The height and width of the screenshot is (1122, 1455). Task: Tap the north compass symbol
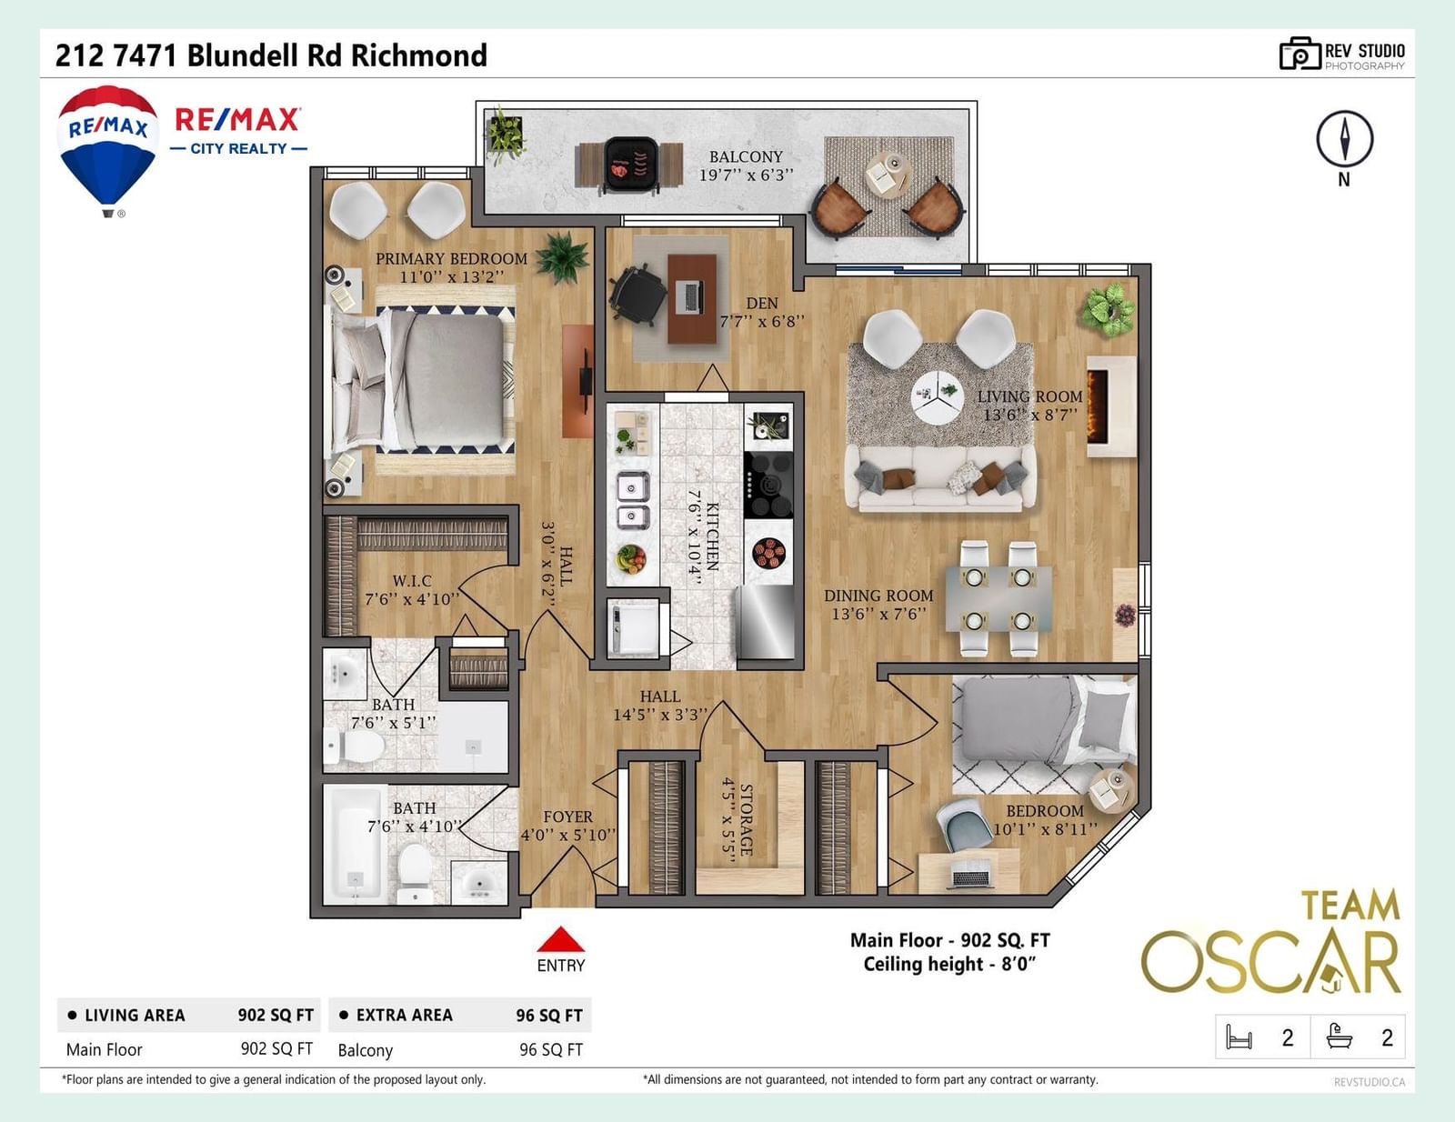click(1345, 139)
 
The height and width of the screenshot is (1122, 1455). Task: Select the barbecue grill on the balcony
click(631, 165)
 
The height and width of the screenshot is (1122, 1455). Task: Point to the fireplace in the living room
click(1110, 406)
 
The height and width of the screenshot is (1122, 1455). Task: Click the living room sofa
click(940, 478)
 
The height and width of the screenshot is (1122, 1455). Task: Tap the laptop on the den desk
click(689, 297)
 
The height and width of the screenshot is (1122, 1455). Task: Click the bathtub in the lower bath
click(353, 845)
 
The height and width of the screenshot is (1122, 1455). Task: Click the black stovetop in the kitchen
click(768, 484)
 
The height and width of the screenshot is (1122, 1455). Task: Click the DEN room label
click(762, 304)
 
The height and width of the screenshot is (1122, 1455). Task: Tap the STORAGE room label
click(746, 820)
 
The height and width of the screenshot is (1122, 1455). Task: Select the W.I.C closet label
click(412, 580)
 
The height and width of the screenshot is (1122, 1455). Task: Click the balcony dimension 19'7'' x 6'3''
click(746, 175)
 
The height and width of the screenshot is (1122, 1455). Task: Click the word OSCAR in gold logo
click(1271, 962)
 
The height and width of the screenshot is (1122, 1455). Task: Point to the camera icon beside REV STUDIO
click(1299, 54)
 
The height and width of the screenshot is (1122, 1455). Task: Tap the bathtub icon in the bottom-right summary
click(1340, 1037)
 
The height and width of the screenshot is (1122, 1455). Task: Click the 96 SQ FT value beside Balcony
click(551, 1049)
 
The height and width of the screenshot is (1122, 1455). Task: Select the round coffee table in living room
click(938, 396)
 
